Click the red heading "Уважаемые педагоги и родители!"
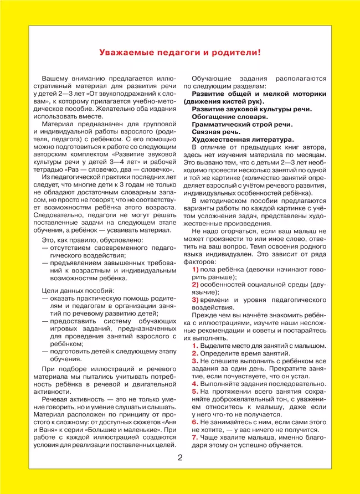pyautogui.click(x=179, y=53)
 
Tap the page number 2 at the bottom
pyautogui.click(x=180, y=457)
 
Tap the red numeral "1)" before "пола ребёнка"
pyautogui.click(x=195, y=269)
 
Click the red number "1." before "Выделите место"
pyautogui.click(x=195, y=346)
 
